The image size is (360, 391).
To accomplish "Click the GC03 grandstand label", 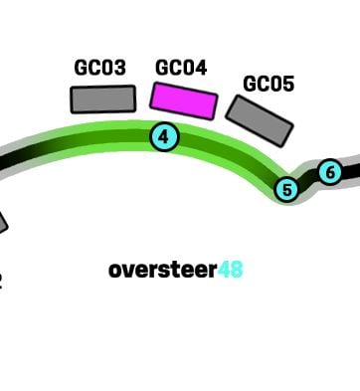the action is [x=99, y=68].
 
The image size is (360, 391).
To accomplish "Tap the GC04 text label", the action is [x=181, y=68].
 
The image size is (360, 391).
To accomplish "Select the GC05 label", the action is [x=269, y=84].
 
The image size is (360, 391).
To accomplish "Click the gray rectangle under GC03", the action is [x=103, y=99].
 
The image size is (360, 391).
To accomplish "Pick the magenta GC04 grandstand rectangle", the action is [x=184, y=100].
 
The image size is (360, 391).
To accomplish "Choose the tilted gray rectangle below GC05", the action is [x=260, y=121].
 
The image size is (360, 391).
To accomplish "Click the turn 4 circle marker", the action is [x=164, y=136].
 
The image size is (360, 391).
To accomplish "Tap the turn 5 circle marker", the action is [x=287, y=190].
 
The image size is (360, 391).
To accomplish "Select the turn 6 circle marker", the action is [x=330, y=172].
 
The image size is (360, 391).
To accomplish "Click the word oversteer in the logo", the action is [x=163, y=270].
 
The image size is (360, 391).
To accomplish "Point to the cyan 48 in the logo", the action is [x=231, y=270].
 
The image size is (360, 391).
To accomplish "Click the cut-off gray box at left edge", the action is [x=3, y=224].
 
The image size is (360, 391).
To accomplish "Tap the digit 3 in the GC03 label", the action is [x=119, y=68].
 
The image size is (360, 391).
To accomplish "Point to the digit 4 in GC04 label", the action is [x=201, y=68].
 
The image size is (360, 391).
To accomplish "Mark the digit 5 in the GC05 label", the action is [x=288, y=84].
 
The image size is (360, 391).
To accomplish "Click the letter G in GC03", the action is [x=81, y=68].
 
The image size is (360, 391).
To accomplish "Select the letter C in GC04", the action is [x=174, y=68].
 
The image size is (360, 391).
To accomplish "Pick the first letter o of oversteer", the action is [x=115, y=272].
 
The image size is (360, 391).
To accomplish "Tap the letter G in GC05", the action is [x=250, y=84].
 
